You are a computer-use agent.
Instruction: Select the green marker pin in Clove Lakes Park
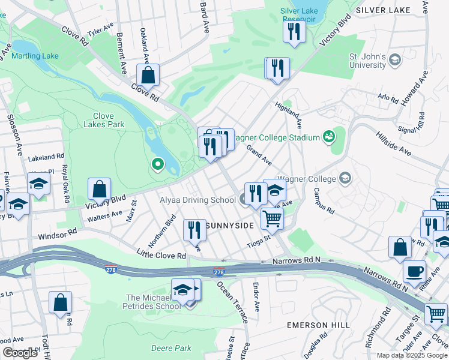[158, 163]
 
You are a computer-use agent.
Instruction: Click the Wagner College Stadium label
[275, 137]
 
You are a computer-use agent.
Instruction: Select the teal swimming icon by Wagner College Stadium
[328, 137]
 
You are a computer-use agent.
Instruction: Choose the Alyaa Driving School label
[197, 200]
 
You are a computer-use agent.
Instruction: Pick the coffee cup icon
[414, 271]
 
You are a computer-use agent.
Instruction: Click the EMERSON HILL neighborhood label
[318, 325]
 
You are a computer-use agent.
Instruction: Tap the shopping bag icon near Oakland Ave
[148, 76]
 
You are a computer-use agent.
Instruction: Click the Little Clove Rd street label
[160, 256]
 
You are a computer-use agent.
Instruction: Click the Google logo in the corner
[20, 353]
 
